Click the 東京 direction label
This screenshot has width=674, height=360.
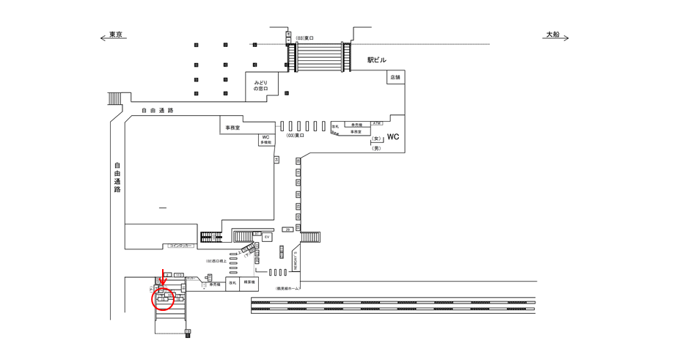(x=115, y=34)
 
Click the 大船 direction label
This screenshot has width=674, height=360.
(x=552, y=34)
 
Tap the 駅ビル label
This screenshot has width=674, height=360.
(x=377, y=60)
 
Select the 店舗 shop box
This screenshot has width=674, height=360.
(x=395, y=77)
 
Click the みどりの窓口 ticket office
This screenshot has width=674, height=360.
(x=261, y=86)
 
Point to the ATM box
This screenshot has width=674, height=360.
(x=377, y=123)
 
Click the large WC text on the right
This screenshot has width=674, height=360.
(x=393, y=137)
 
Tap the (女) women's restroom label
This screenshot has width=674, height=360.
(x=377, y=139)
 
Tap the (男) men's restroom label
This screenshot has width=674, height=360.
(x=377, y=148)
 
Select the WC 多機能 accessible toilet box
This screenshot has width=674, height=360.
(x=265, y=139)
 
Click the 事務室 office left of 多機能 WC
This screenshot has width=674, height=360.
(x=232, y=128)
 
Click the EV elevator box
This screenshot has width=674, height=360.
(x=267, y=238)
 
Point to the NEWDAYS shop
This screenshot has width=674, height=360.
(x=296, y=259)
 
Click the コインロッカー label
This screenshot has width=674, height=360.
(x=180, y=246)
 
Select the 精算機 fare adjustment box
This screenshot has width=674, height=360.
(x=249, y=282)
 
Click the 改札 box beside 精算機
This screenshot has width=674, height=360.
(x=232, y=282)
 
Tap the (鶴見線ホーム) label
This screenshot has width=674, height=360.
(x=288, y=289)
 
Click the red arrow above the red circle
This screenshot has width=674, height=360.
(x=164, y=278)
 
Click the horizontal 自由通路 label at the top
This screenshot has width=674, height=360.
(x=157, y=111)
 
